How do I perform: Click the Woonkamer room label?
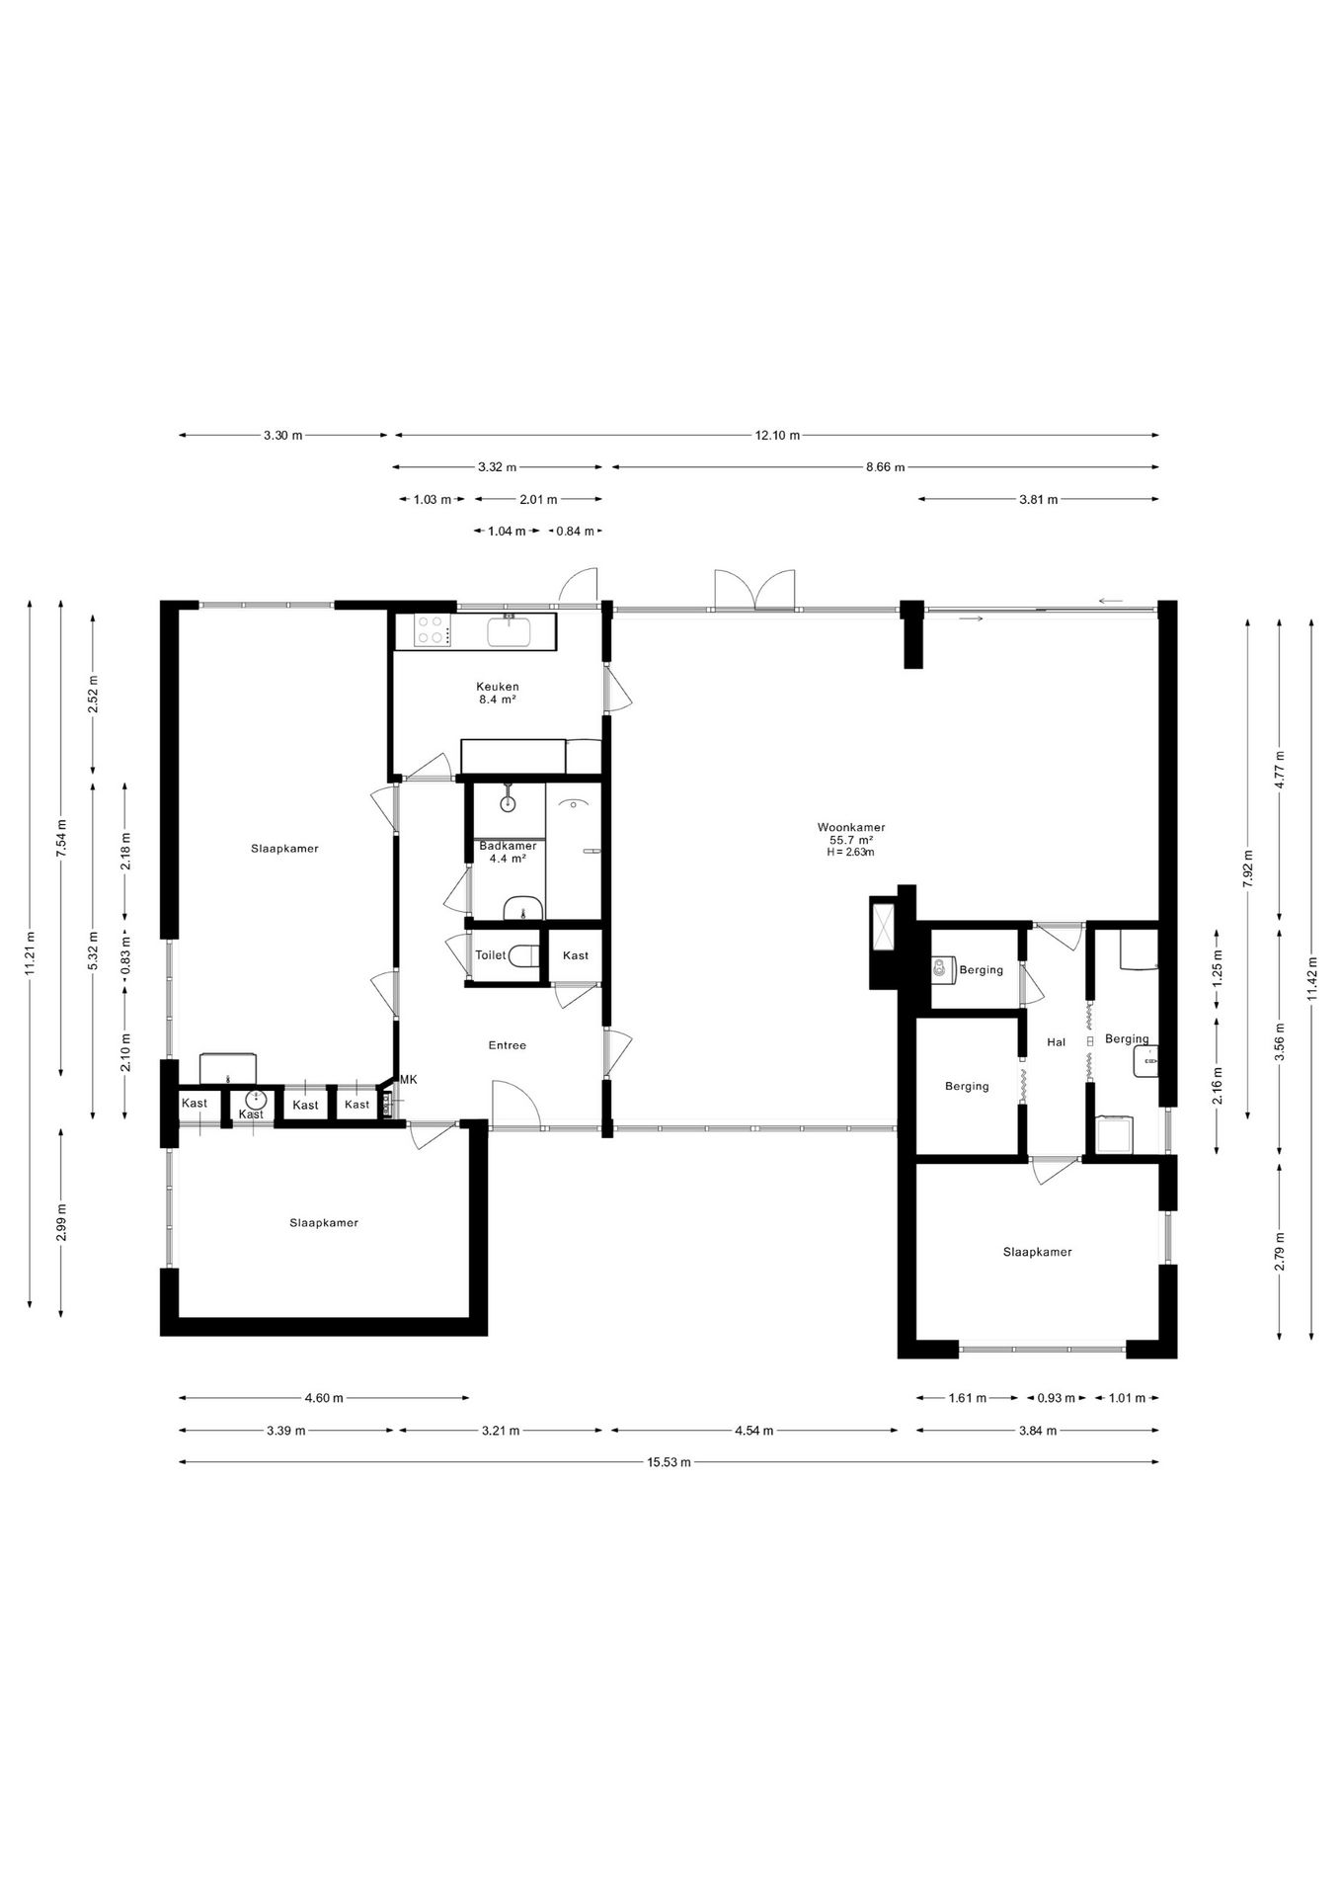coord(850,827)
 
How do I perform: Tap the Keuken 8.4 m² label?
coord(497,693)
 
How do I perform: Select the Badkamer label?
coord(508,846)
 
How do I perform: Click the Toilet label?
coord(490,955)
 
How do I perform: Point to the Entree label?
coord(507,1045)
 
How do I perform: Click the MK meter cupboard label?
coord(408,1080)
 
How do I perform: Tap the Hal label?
coord(1056,1041)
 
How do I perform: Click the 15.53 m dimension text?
coord(669,1463)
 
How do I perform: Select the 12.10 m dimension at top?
coord(777,436)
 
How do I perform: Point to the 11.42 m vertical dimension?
coord(1311,978)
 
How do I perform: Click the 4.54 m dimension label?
coord(754,1431)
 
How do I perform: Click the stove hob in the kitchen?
coord(432,630)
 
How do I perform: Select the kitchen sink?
coord(510,630)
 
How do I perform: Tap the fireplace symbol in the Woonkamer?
coord(882,925)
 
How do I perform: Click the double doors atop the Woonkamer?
coord(754,591)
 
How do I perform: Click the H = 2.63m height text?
coord(850,852)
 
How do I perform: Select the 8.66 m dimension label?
coord(885,467)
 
